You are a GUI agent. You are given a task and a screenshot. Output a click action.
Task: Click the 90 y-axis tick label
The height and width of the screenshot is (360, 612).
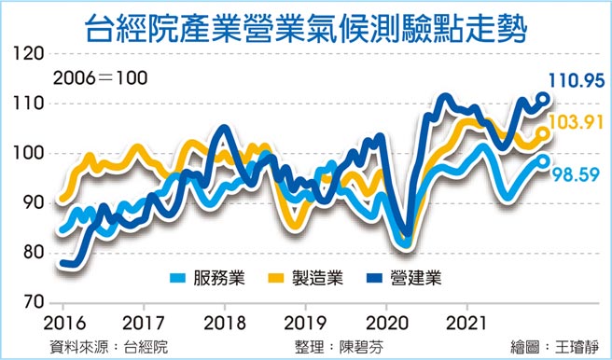click(32, 203)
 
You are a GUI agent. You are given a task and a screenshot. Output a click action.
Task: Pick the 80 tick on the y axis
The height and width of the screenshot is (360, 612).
click(32, 253)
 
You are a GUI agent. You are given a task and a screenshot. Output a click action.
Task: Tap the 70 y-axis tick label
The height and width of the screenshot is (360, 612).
click(32, 302)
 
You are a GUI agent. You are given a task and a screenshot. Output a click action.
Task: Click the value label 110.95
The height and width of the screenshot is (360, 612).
click(579, 82)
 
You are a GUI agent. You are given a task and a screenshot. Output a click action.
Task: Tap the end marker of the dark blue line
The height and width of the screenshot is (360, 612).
click(543, 98)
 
